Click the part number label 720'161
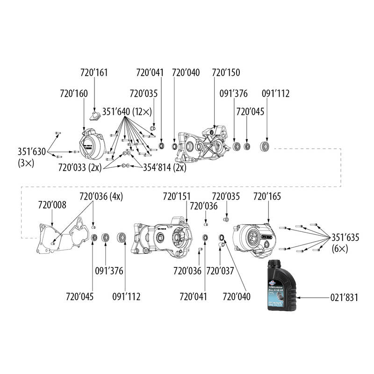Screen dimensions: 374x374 coord(94,73)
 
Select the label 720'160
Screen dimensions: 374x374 coord(74,93)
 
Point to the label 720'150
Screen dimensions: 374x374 coord(226,73)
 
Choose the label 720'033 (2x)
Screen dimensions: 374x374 coord(80,167)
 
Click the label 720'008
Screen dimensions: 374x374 coord(52,204)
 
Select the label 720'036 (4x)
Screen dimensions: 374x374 coord(101,196)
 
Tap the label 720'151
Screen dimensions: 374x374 coord(176,196)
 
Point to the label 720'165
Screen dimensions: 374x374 coord(267,196)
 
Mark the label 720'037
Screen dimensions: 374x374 coord(220,270)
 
